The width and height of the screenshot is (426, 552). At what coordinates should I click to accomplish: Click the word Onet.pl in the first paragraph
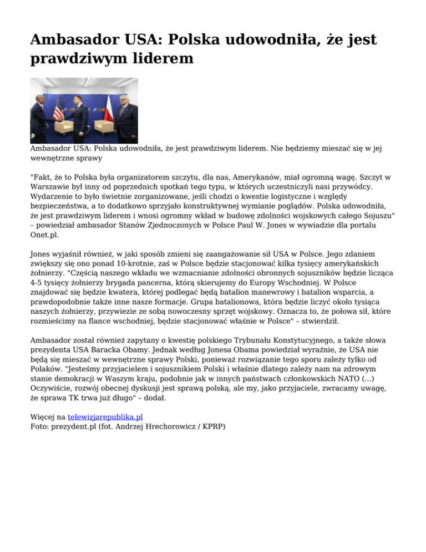(x=45, y=234)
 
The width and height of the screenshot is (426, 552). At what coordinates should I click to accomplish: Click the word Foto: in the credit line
(x=40, y=426)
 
